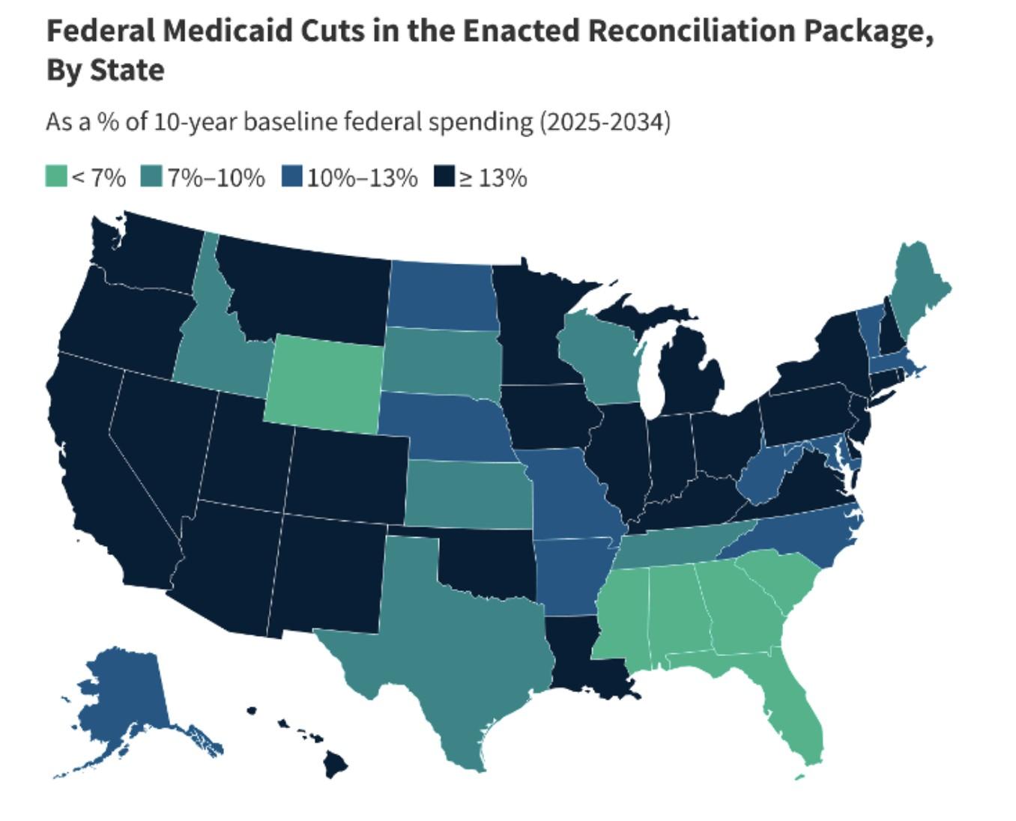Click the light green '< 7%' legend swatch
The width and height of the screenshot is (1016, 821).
tap(56, 178)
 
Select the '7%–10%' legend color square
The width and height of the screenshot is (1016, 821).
tap(152, 178)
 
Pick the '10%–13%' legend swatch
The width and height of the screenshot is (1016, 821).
tap(292, 178)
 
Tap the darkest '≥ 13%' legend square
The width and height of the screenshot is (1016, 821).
tap(444, 178)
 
